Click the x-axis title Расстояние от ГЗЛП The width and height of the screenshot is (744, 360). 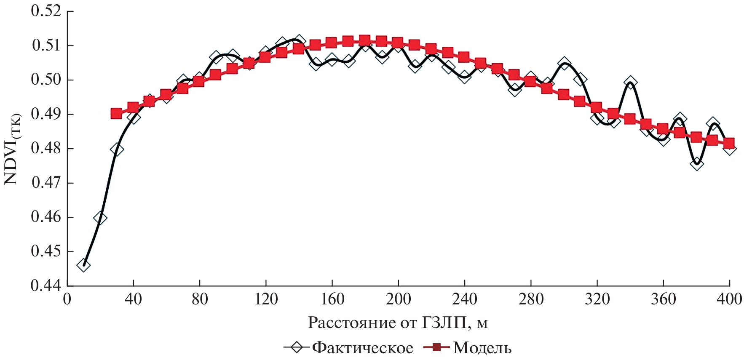click(397, 323)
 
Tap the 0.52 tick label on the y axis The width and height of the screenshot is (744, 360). click(46, 11)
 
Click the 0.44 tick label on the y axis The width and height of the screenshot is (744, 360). click(46, 286)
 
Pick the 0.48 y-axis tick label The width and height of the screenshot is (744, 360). click(46, 149)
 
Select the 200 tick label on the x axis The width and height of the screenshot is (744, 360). click(398, 299)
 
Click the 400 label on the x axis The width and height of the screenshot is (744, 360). click(729, 299)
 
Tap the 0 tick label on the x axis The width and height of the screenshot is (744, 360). click(67, 299)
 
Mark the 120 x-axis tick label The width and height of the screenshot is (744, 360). click(266, 299)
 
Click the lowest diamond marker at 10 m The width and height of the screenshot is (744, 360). click(83, 265)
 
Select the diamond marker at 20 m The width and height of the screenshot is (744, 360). click(100, 218)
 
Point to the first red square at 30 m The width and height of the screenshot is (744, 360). click(117, 113)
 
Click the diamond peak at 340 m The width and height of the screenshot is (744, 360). click(630, 82)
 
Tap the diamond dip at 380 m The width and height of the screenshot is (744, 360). click(696, 163)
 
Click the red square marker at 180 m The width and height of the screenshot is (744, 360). click(365, 40)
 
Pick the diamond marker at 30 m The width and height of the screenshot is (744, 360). click(117, 149)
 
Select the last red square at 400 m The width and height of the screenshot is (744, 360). click(729, 143)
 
